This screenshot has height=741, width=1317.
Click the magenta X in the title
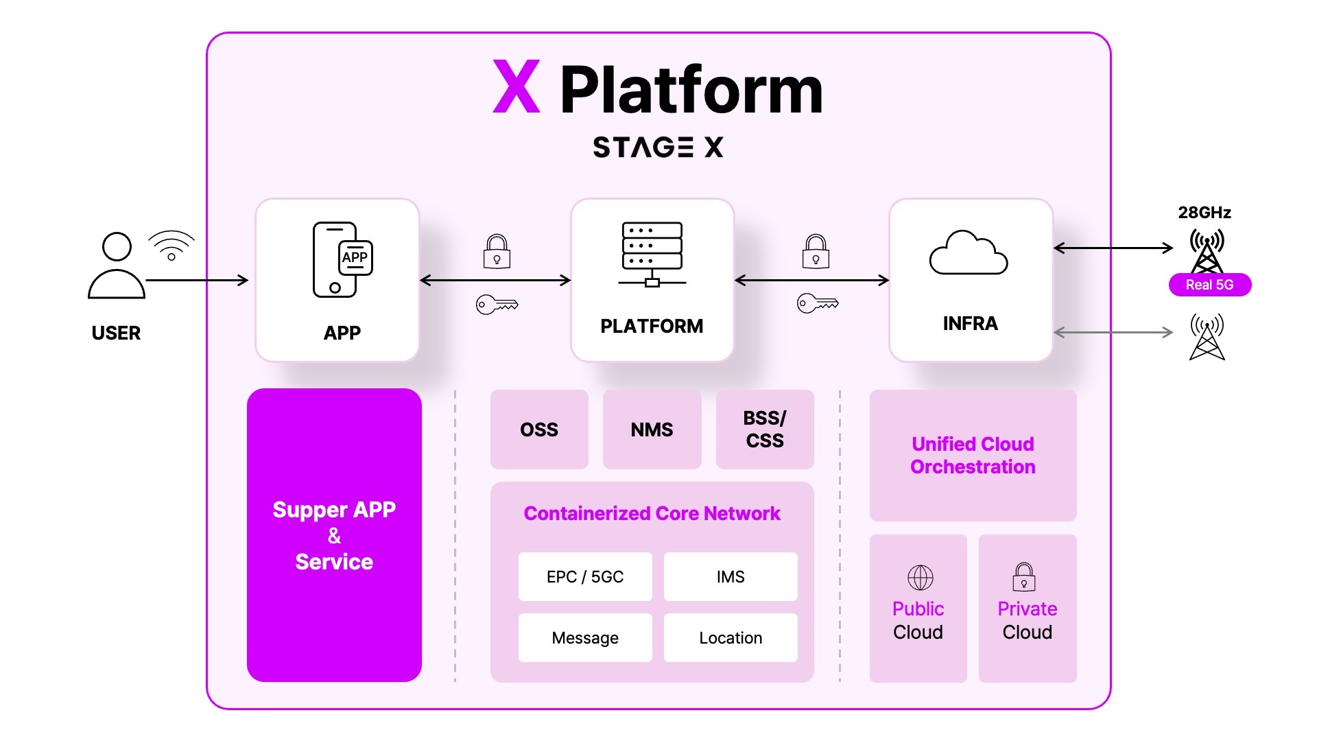pos(517,87)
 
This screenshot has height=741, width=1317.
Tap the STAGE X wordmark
pos(658,147)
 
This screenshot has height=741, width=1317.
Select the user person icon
pos(117,266)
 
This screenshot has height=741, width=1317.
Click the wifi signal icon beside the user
pos(171,245)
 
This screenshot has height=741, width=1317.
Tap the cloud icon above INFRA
pos(968,253)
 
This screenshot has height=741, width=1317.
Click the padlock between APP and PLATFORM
pos(497,251)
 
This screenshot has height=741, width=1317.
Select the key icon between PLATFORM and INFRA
pos(818,303)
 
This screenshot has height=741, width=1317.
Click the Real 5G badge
pos(1209,285)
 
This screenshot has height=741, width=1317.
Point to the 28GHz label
pos(1205,213)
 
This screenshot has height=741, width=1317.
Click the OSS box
pos(539,430)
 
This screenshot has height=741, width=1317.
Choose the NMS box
pos(652,430)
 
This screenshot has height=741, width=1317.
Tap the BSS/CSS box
pos(765,430)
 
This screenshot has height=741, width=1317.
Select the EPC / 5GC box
pos(585,577)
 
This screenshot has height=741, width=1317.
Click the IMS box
pos(731,577)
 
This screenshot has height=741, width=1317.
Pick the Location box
pos(731,638)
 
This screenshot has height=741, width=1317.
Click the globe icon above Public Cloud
pos(920,578)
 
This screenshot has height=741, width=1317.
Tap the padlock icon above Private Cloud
pos(1024,577)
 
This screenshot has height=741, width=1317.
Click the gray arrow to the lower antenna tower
pos(1113,333)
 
